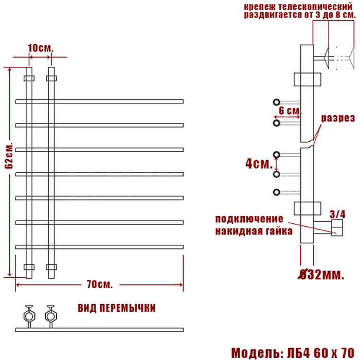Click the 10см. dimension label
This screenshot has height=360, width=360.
pos(41,48)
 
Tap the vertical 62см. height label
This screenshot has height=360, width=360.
pos(9,156)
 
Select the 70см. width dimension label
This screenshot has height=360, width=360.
pos(100,284)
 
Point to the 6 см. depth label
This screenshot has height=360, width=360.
pos(290,111)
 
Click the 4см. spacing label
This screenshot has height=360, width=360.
pos(259,164)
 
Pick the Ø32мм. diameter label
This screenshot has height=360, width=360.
pos(321,274)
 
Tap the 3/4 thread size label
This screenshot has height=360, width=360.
pos(337,214)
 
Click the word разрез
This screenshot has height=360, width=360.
pos(338,118)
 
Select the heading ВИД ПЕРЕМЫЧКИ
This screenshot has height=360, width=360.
pos(117,308)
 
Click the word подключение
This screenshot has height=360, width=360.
pos(249,219)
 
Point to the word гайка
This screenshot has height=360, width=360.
pos(279,231)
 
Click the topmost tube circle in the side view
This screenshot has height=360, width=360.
pos(277,102)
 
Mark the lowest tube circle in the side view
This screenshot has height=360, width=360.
pos(277,192)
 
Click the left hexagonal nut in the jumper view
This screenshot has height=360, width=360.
pos(29,316)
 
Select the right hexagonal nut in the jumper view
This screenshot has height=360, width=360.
pos(51,316)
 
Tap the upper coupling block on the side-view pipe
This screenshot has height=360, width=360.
pos(308,79)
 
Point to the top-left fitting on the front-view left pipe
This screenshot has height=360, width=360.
pos(29,78)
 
